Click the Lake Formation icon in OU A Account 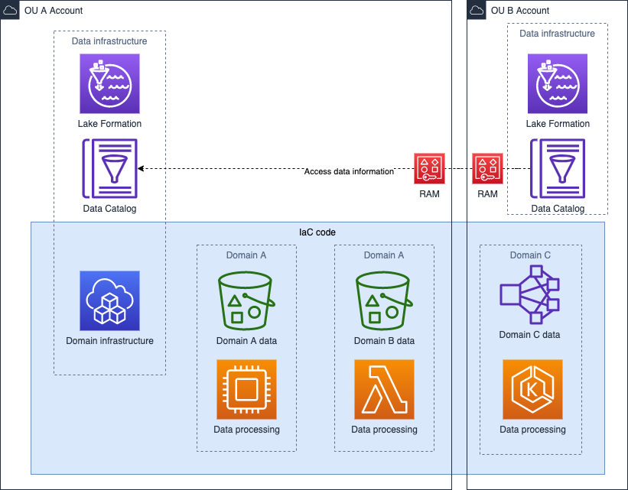(x=109, y=83)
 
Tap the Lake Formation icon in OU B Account (x=558, y=83)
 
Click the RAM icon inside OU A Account (x=429, y=169)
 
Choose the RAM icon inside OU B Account (x=487, y=169)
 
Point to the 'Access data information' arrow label (x=349, y=171)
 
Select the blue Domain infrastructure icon (x=109, y=300)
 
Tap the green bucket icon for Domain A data (x=246, y=300)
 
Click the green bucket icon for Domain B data (x=384, y=300)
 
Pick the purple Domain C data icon (x=529, y=295)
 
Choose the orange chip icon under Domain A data (x=246, y=390)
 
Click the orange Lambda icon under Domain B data (x=384, y=390)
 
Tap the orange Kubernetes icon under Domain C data (x=532, y=390)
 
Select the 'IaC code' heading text (x=317, y=232)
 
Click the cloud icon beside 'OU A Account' (x=11, y=11)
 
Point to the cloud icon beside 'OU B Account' (x=477, y=11)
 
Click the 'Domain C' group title (x=530, y=255)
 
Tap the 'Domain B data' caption (x=384, y=341)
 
